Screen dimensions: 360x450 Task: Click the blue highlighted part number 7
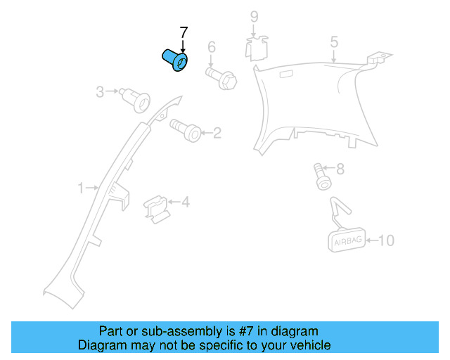tap(175, 60)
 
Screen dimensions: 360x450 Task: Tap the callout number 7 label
tap(184, 33)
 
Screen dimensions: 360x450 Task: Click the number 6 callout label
tap(210, 48)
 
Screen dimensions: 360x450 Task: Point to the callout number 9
tap(254, 16)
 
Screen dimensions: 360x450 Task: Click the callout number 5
tap(335, 43)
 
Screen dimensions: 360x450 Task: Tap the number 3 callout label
tap(100, 91)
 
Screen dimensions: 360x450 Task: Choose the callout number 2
tap(217, 132)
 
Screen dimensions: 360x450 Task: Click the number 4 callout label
tap(186, 202)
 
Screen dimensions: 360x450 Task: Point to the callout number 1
tap(81, 188)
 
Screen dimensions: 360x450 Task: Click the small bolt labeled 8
tap(322, 176)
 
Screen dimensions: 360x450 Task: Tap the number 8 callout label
tap(340, 169)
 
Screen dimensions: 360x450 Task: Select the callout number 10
tap(386, 240)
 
